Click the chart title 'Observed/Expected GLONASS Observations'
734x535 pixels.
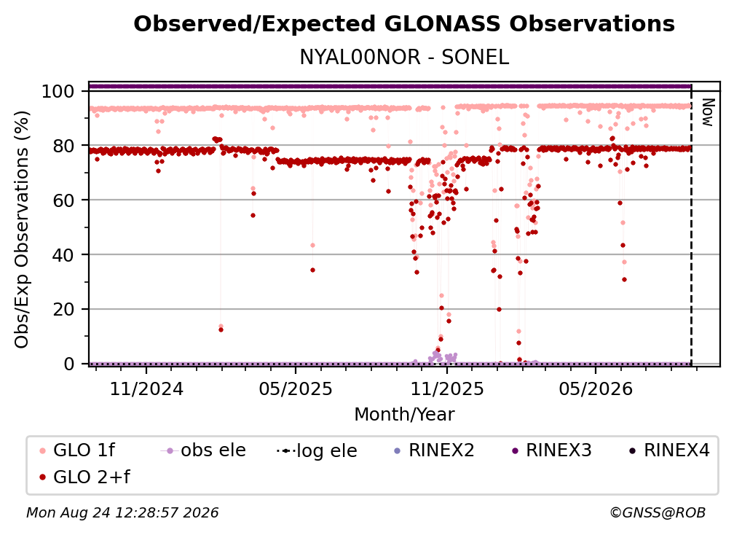click(404, 24)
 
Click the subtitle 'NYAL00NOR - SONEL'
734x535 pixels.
click(404, 57)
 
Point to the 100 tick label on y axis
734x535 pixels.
click(58, 91)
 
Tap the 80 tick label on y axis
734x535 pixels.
click(63, 146)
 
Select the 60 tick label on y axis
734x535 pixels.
click(63, 200)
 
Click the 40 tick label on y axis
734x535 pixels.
click(63, 255)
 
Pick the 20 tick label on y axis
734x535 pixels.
click(63, 309)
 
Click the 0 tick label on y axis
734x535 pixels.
click(69, 364)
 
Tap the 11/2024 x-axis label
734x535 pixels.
click(146, 388)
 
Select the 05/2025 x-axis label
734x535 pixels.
click(296, 388)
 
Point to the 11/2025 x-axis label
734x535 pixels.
click(447, 388)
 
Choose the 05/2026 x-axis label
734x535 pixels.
click(596, 388)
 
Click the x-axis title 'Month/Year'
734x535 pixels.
click(404, 415)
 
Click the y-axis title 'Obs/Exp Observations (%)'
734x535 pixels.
click(22, 230)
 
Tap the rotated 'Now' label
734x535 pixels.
click(707, 112)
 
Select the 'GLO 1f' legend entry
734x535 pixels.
click(77, 450)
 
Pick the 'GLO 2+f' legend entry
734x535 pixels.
click(84, 477)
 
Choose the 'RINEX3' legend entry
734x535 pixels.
click(551, 450)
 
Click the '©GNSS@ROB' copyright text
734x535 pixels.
click(658, 513)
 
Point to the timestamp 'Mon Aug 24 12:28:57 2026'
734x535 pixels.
click(122, 513)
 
